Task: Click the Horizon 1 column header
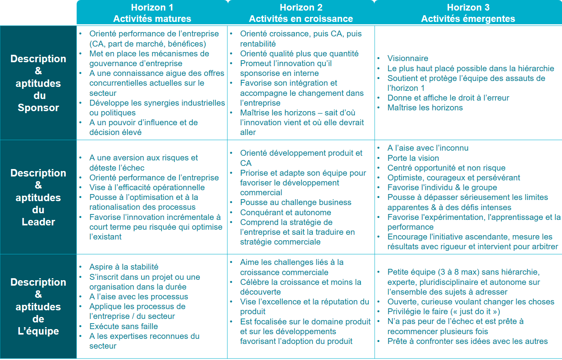click(x=152, y=7)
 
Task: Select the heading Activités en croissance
click(x=301, y=19)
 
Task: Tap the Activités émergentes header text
click(x=468, y=19)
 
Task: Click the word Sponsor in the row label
click(x=38, y=108)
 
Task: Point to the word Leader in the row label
click(x=38, y=222)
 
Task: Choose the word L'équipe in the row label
click(x=38, y=331)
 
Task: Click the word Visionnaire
click(x=408, y=58)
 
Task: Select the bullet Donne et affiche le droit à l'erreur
click(x=448, y=98)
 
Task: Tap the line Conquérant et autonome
click(x=285, y=212)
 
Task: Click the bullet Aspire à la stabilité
click(x=124, y=267)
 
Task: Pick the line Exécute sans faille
click(x=124, y=326)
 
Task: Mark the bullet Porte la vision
click(x=413, y=158)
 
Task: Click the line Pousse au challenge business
click(x=296, y=202)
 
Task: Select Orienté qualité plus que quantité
click(x=299, y=54)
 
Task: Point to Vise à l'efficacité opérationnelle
click(x=147, y=187)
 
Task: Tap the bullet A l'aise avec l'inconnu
click(x=428, y=148)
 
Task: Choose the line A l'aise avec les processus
click(x=138, y=297)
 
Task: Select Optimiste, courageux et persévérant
click(x=454, y=178)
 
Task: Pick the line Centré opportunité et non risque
click(x=446, y=168)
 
